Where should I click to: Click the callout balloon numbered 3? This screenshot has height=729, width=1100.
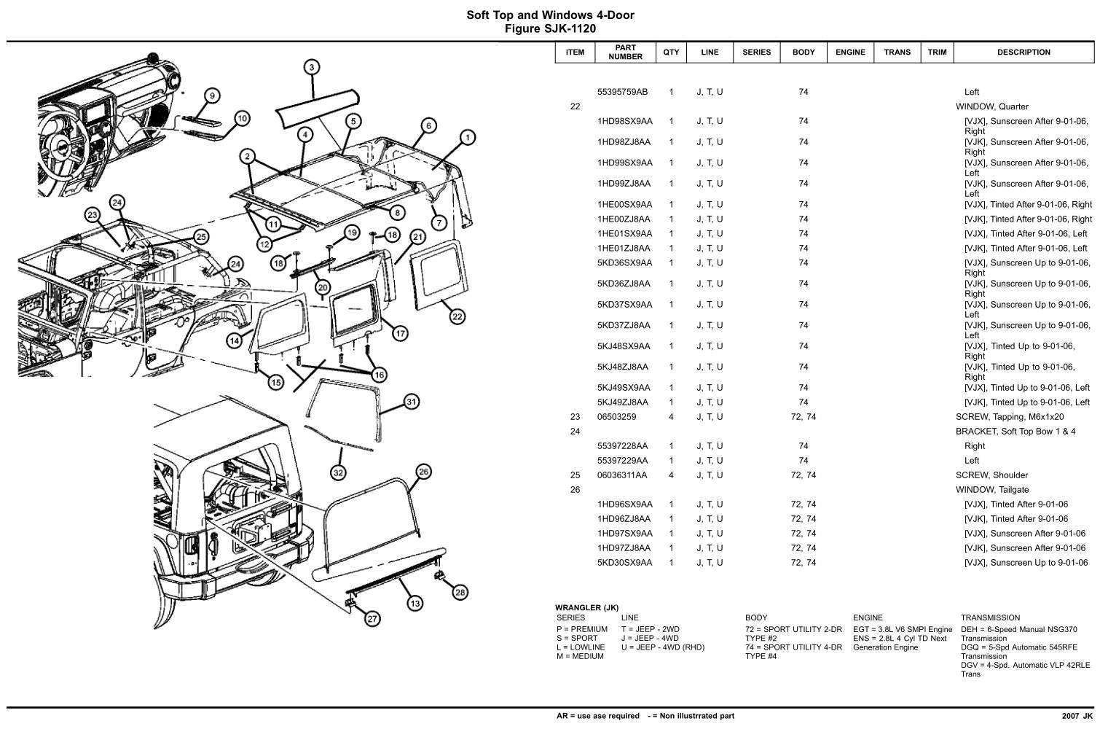tap(311, 68)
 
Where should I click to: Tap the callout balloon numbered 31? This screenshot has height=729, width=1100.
tap(412, 402)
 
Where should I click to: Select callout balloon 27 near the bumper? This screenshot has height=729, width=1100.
tap(372, 619)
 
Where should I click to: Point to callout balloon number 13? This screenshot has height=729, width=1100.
tap(415, 603)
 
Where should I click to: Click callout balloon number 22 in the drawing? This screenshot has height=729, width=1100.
tap(457, 316)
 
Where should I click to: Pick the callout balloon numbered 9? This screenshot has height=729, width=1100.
tap(212, 95)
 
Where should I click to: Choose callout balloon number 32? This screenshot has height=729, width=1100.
tap(338, 473)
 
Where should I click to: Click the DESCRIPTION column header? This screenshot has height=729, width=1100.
tap(1024, 52)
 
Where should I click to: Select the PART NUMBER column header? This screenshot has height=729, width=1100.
tap(625, 52)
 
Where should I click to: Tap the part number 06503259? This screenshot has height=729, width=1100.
tap(616, 417)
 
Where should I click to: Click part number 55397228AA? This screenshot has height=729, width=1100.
tap(622, 446)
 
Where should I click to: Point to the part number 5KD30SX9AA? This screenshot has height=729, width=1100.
tap(624, 563)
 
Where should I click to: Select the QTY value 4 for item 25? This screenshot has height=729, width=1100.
tap(671, 475)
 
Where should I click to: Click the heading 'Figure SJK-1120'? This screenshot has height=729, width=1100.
tap(550, 29)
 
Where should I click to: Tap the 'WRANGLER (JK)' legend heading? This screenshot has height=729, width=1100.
tap(586, 608)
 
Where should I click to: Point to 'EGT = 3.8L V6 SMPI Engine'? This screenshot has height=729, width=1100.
tap(903, 629)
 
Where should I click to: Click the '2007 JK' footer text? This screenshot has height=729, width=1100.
tap(1077, 716)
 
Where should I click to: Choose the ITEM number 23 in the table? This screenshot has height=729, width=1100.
tap(575, 417)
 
